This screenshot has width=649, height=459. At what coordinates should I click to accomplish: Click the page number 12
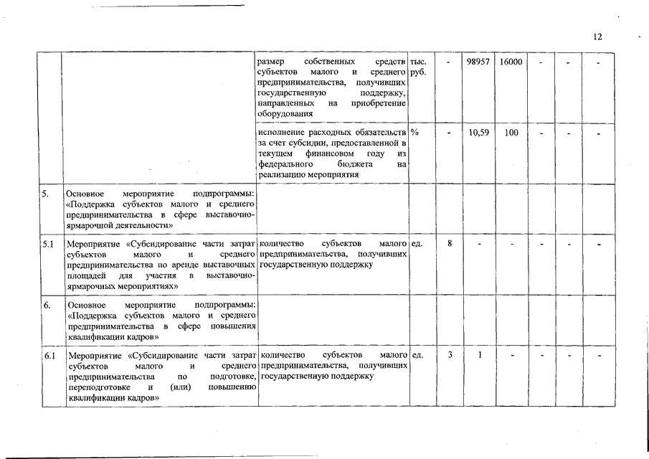coord(598,37)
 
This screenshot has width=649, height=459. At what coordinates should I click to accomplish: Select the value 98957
coord(478,63)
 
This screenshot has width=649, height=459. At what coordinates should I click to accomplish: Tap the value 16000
coord(510,63)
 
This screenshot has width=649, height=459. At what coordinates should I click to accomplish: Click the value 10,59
coord(478,133)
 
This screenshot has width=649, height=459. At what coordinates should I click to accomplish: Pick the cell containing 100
coord(511,133)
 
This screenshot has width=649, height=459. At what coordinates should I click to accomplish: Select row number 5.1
coord(49,244)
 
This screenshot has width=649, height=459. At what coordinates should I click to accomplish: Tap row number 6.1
coord(49,356)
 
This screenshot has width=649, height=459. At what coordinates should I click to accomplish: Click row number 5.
coord(46,194)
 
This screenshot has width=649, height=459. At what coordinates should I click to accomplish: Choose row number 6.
coord(46,306)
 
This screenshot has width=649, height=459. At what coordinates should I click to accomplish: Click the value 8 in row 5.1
coord(449,244)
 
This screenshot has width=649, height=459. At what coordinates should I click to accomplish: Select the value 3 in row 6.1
coord(449,356)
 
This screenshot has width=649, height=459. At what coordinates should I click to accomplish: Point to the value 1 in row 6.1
coord(479,356)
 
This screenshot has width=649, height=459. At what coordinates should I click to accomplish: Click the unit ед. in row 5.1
coord(417,244)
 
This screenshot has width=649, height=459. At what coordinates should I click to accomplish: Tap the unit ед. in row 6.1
coord(417,356)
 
